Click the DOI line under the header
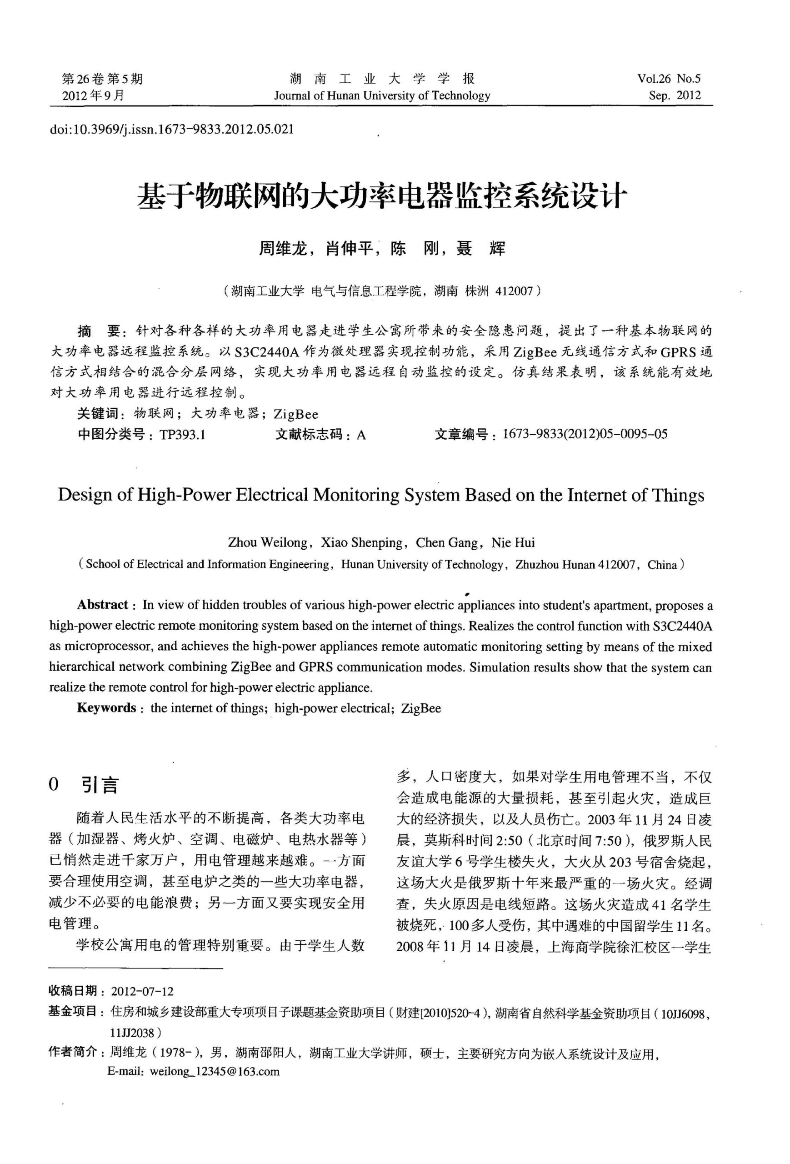tap(172, 129)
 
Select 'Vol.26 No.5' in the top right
tap(668, 79)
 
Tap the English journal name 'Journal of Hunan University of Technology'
tap(381, 95)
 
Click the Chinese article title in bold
tap(381, 196)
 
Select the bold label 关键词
tap(97, 414)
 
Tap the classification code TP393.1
tap(182, 435)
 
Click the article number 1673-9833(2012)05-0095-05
tap(585, 434)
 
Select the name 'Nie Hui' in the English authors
tap(513, 542)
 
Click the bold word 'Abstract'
tap(103, 605)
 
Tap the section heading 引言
tap(100, 785)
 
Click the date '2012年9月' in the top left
tap(93, 95)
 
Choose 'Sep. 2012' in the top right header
tap(675, 95)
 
